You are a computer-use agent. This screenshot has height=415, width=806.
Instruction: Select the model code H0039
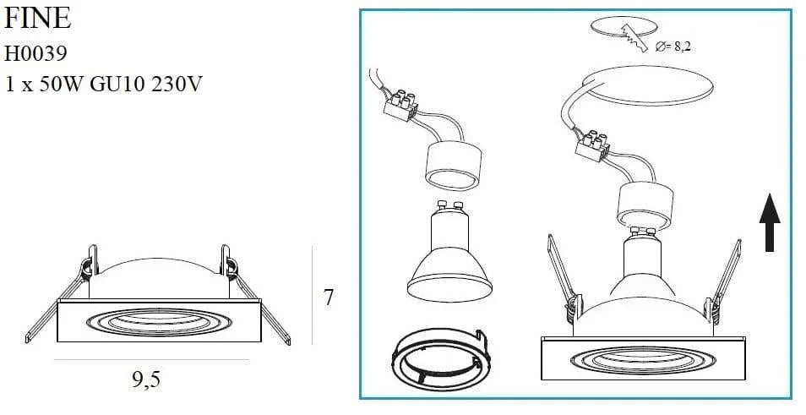point(35,53)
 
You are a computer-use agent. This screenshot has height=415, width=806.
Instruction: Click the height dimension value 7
point(328,298)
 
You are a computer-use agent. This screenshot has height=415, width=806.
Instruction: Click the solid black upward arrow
point(770,221)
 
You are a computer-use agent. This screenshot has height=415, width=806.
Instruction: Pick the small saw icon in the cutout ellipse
point(631,34)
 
